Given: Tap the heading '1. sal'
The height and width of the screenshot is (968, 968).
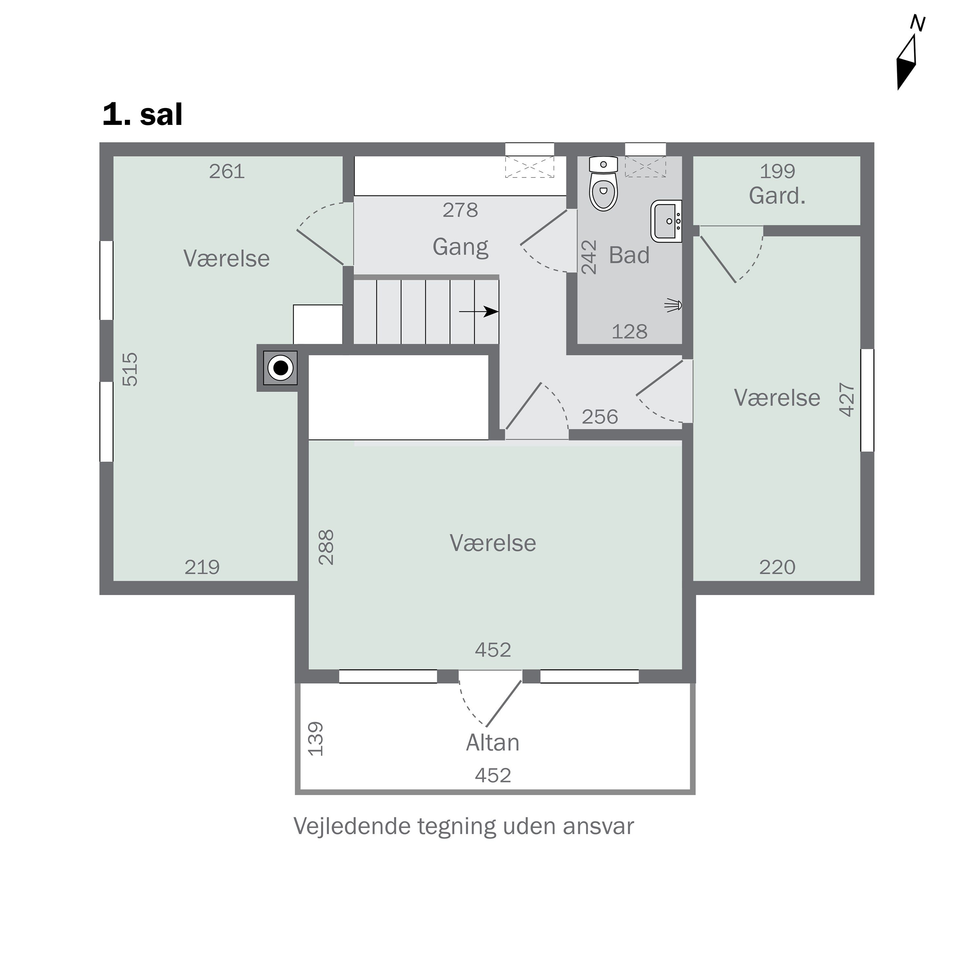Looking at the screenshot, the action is [x=143, y=115].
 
